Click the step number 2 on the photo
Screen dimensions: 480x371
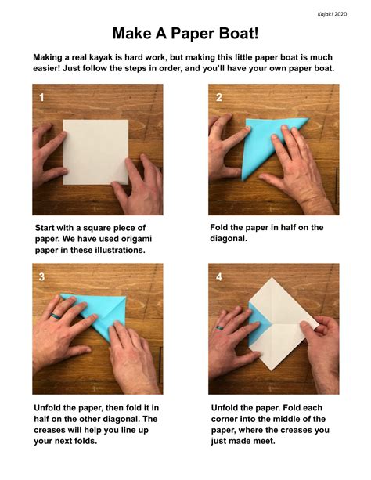(218, 98)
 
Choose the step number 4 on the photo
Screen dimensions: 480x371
(218, 276)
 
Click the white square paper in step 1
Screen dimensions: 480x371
(95, 151)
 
